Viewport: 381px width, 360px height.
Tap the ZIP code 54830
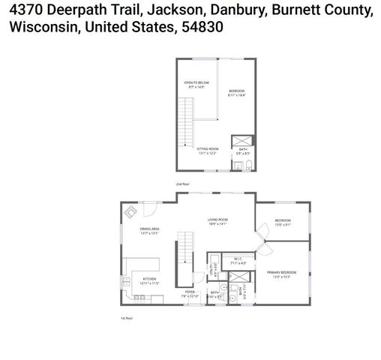[x=203, y=28]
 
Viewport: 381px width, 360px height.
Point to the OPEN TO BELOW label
[x=196, y=82]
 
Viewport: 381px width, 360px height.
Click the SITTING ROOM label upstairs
[x=208, y=150]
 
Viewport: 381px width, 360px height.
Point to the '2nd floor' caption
[x=182, y=184]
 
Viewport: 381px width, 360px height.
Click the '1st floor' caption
[x=127, y=319]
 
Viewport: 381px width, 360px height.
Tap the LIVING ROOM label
[x=217, y=220]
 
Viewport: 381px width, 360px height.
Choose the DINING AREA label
[x=149, y=229]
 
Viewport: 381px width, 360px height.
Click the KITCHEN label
[x=149, y=278]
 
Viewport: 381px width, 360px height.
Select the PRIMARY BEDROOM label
[x=282, y=272]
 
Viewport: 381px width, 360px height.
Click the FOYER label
[x=189, y=292]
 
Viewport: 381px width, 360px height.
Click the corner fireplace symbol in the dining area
[x=130, y=211]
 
